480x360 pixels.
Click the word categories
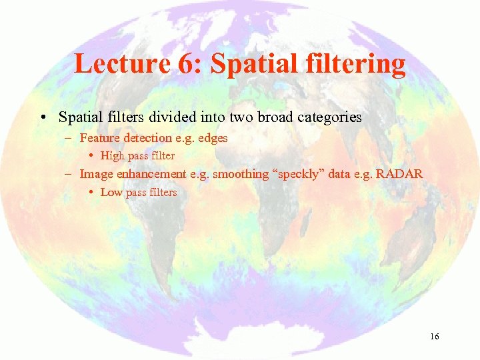[325, 117]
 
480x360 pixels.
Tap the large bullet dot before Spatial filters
[42, 118]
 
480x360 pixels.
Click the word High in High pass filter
[111, 156]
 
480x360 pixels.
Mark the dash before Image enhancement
[69, 174]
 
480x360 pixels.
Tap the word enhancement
[153, 174]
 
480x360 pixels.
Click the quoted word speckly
[295, 174]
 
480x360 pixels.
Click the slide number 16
[434, 337]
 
